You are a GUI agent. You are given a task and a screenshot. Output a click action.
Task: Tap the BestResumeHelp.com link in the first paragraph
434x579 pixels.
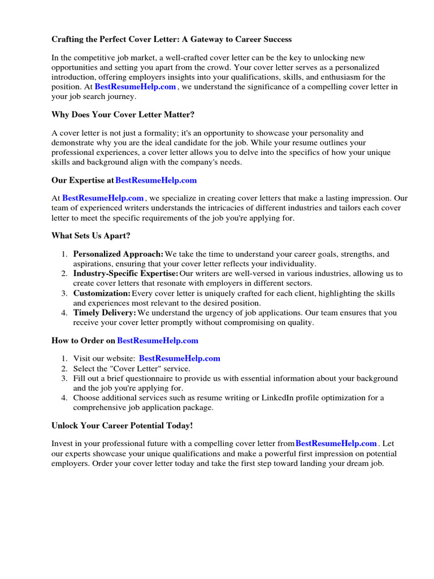(x=136, y=87)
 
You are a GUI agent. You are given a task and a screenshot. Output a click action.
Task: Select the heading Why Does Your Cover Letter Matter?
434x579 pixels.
(x=123, y=115)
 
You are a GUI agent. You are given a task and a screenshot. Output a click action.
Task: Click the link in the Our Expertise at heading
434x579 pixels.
(x=156, y=180)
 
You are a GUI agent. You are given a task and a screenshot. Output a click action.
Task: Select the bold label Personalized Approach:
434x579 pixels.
(x=119, y=254)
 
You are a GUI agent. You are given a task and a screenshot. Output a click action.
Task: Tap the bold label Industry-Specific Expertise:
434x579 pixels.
(x=125, y=274)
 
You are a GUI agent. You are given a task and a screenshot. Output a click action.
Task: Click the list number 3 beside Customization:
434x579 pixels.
(x=66, y=293)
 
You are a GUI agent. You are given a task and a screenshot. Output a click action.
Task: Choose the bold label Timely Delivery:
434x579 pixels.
(x=105, y=313)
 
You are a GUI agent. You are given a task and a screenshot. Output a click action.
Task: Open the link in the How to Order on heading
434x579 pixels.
(x=158, y=340)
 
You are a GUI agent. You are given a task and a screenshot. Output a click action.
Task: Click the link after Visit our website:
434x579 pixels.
(x=180, y=358)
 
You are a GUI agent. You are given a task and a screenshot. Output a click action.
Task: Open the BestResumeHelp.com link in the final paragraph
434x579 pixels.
(x=336, y=443)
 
